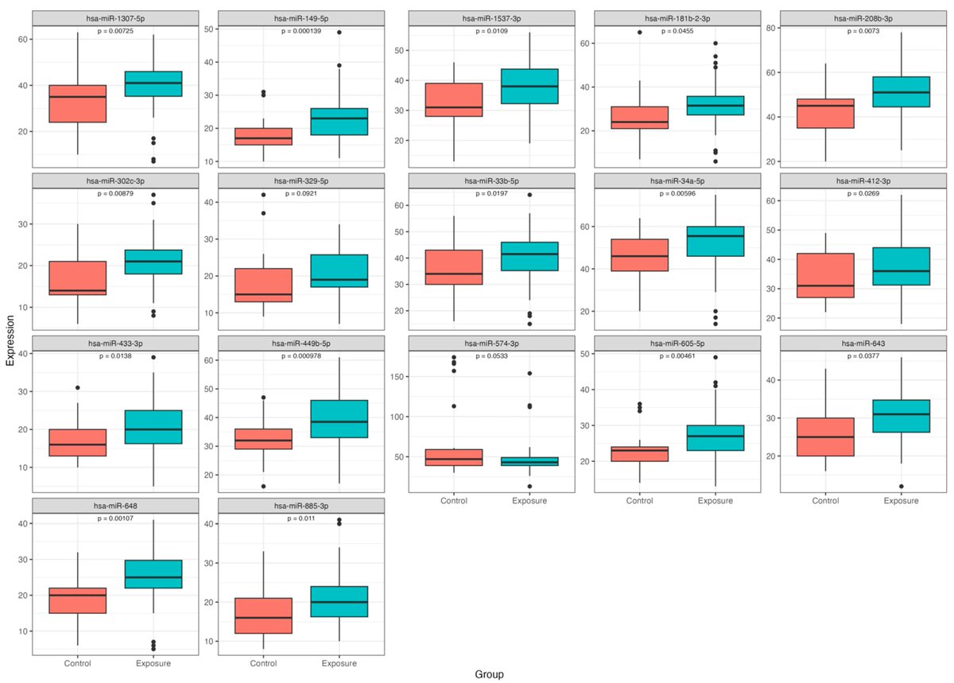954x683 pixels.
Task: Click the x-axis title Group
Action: tap(489, 673)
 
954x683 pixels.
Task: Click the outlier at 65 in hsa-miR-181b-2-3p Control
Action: tap(639, 33)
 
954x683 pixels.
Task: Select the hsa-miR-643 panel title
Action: tap(863, 343)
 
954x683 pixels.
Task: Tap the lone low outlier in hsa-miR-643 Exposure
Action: tap(901, 486)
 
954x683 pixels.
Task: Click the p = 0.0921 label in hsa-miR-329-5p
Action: tap(301, 193)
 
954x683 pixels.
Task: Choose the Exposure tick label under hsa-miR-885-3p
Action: tap(339, 663)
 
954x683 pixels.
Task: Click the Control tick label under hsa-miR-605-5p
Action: tap(639, 501)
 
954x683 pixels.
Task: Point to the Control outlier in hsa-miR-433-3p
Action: tap(78, 388)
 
